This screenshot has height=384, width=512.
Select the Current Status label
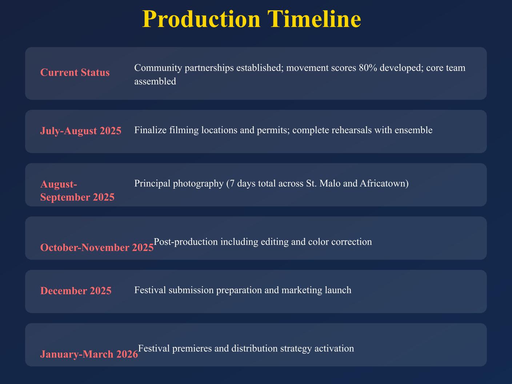point(75,72)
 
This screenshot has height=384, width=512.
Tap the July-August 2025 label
point(81,131)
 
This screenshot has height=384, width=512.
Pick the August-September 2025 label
point(77,191)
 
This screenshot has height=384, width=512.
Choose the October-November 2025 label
point(97,247)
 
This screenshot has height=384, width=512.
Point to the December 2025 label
point(76,291)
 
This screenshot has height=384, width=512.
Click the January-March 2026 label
point(89,354)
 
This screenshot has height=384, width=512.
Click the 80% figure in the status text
point(368,68)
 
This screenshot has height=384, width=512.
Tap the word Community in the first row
point(158,68)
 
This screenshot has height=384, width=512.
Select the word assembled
point(155,81)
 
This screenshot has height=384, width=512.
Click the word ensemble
point(413,130)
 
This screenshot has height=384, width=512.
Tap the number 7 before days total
point(232,184)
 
